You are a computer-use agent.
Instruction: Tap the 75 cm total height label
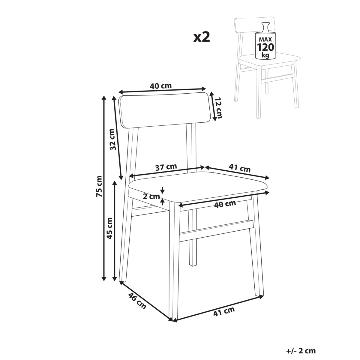[x=99, y=186]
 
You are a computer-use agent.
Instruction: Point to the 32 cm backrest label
[x=113, y=139]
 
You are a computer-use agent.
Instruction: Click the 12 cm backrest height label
[x=218, y=108]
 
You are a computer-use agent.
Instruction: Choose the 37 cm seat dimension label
[x=166, y=167]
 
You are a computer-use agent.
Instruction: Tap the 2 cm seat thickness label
[x=151, y=196]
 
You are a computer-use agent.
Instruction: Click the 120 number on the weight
[x=265, y=47]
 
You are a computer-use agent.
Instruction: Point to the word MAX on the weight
[x=265, y=40]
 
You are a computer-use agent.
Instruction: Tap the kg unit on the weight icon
[x=265, y=55]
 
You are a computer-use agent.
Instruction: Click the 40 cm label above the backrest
[x=161, y=86]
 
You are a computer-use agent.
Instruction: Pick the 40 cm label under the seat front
[x=225, y=204]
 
